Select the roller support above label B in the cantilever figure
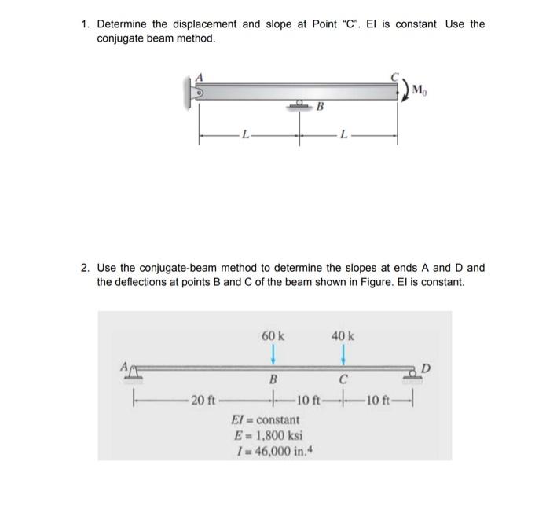(x=299, y=104)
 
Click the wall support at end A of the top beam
(x=191, y=91)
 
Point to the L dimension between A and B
(x=246, y=137)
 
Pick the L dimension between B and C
(x=343, y=137)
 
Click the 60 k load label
(x=273, y=335)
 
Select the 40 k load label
(x=343, y=335)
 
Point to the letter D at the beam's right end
(x=426, y=366)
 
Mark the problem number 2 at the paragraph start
(x=85, y=268)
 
